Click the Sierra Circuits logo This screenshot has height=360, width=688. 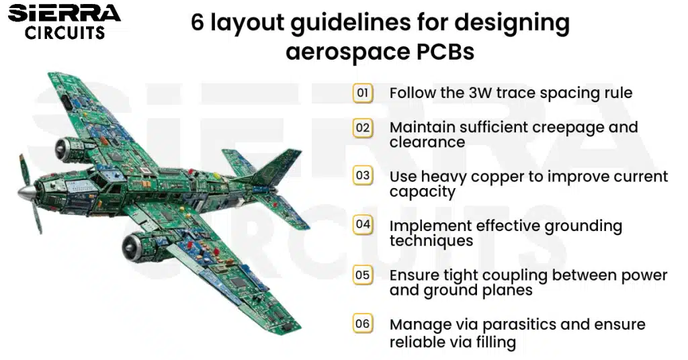pos(64,22)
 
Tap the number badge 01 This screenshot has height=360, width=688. pos(363,93)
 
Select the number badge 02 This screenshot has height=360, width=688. pos(363,128)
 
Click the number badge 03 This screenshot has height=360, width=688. pos(363,175)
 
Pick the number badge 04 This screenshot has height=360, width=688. pos(363,224)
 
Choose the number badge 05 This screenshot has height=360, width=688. pos(363,275)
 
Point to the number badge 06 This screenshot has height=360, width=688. pos(363,324)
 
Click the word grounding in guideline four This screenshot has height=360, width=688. pos(583,226)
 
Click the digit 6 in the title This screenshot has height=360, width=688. pos(198,22)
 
